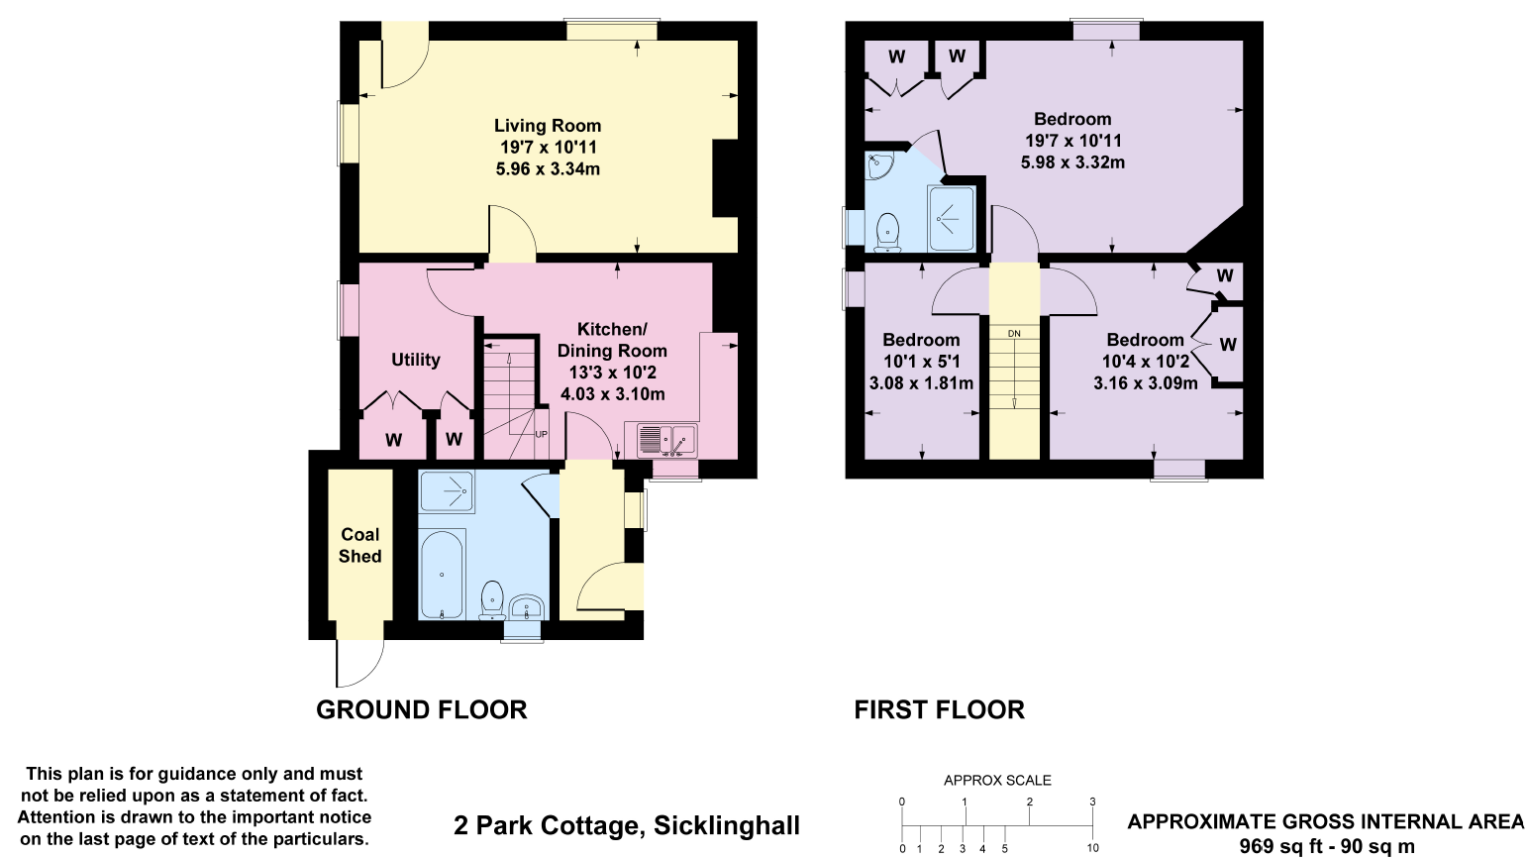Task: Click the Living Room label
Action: tap(548, 126)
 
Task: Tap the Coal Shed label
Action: tap(359, 545)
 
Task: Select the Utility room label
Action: tap(415, 360)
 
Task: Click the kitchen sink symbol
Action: tap(661, 438)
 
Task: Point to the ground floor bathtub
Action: tap(442, 574)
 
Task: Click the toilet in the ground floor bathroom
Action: tap(492, 600)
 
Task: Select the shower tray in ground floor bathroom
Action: tap(446, 490)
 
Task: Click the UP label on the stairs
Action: tap(541, 434)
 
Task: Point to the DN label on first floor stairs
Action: tap(1014, 334)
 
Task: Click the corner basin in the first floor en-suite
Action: tap(878, 167)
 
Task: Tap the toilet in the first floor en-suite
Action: tap(888, 231)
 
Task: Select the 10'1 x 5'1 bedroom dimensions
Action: tap(921, 362)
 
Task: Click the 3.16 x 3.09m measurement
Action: tap(1145, 383)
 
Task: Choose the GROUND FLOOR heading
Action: tap(421, 710)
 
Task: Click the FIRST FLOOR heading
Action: tap(939, 710)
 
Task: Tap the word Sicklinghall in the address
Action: tap(727, 825)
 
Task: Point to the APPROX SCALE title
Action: tap(997, 781)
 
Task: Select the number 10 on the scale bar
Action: tap(1092, 848)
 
